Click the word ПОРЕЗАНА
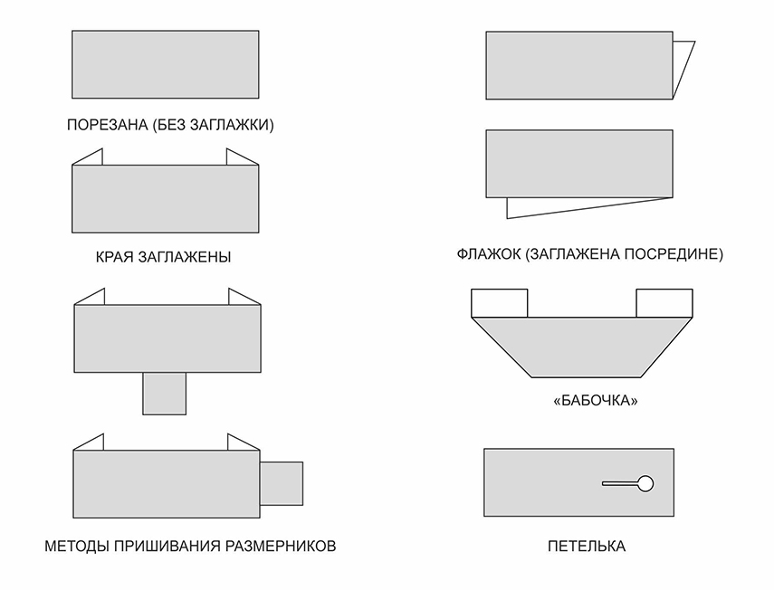pyautogui.click(x=108, y=125)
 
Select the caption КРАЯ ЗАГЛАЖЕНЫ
pyautogui.click(x=163, y=257)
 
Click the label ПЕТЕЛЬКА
pyautogui.click(x=586, y=547)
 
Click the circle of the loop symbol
pyautogui.click(x=645, y=483)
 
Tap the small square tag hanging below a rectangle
pyautogui.click(x=165, y=394)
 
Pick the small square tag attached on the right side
pyautogui.click(x=282, y=483)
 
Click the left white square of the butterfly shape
pyautogui.click(x=499, y=303)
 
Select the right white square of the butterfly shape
pyautogui.click(x=664, y=303)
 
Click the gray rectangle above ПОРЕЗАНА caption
pyautogui.click(x=165, y=64)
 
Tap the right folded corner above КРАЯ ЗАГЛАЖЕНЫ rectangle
pyautogui.click(x=240, y=159)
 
